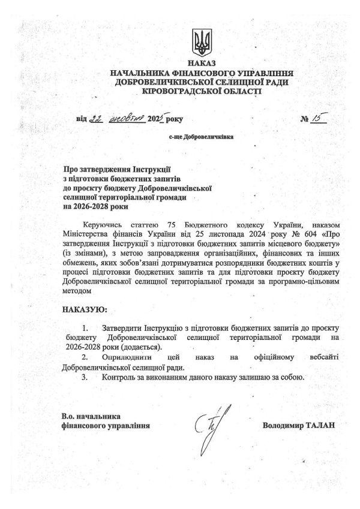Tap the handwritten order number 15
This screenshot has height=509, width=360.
[316, 118]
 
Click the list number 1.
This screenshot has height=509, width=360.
[86, 329]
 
